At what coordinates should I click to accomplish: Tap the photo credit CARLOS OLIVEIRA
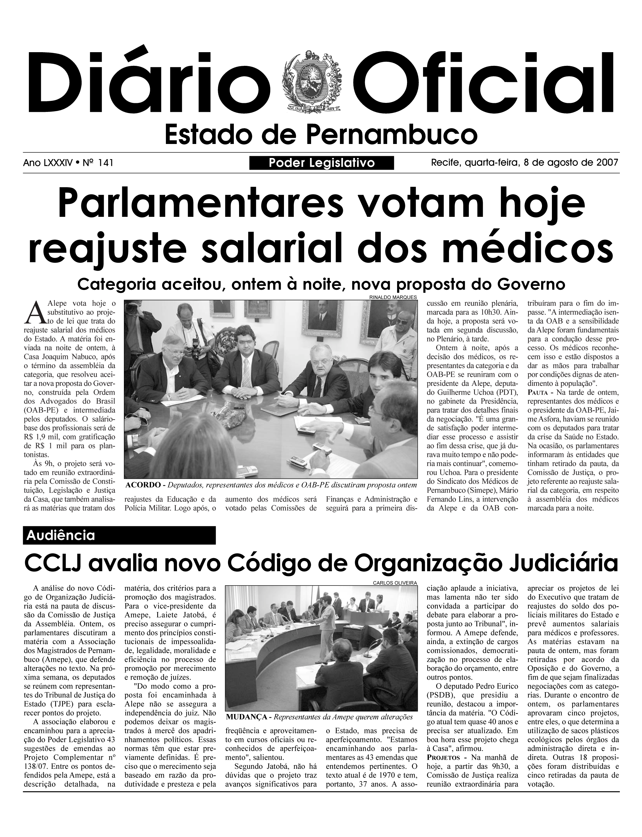395,583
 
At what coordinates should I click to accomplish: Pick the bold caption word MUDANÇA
246,717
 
